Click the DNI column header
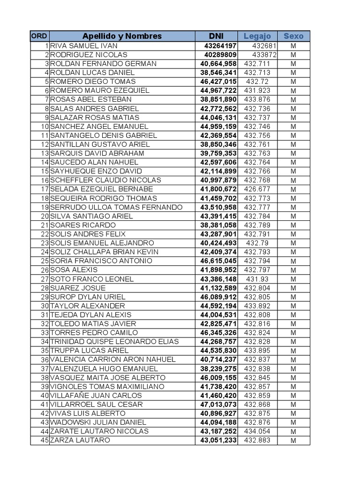[x=216, y=36]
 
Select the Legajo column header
[x=257, y=36]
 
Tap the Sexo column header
[x=293, y=36]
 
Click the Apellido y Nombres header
[x=122, y=36]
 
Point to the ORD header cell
[x=39, y=36]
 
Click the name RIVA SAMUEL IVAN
[x=84, y=46]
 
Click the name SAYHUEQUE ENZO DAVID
[x=96, y=171]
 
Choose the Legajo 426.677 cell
[x=257, y=189]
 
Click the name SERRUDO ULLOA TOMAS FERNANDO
[x=116, y=207]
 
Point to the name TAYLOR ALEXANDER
[x=88, y=306]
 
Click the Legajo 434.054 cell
[x=257, y=431]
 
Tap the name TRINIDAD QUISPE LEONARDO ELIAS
[x=114, y=342]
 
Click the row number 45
[x=45, y=440]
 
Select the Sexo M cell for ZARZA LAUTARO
[x=293, y=441]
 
